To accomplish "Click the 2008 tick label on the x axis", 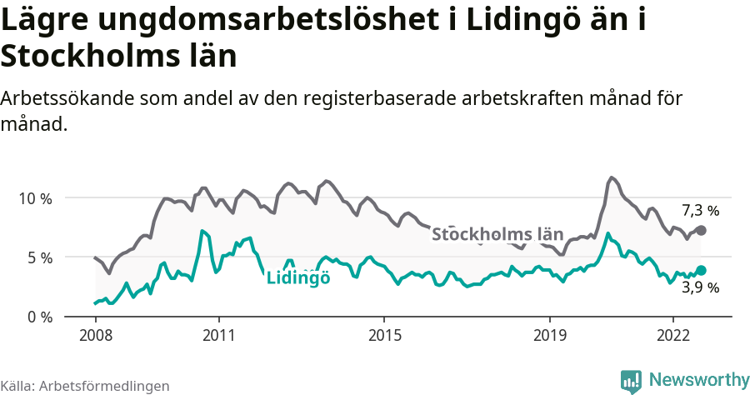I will coord(95,335).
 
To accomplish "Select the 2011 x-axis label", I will coord(218,335).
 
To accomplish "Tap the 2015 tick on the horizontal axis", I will coord(383,335).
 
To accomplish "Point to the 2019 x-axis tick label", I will coord(549,335).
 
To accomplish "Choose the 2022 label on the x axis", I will coord(672,335).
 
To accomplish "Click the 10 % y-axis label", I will coord(34,198).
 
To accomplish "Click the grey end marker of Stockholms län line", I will coord(701,230).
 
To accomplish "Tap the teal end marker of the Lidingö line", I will coord(701,270).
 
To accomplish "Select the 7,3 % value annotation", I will coord(700,210).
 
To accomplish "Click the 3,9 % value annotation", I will coord(700,288).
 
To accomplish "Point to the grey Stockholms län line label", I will coord(497,234).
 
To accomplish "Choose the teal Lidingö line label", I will coord(298,278).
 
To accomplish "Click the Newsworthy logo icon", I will coord(631,381).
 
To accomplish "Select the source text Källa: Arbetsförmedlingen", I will coord(85,387).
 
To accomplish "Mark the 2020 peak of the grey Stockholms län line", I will coord(612,177).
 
